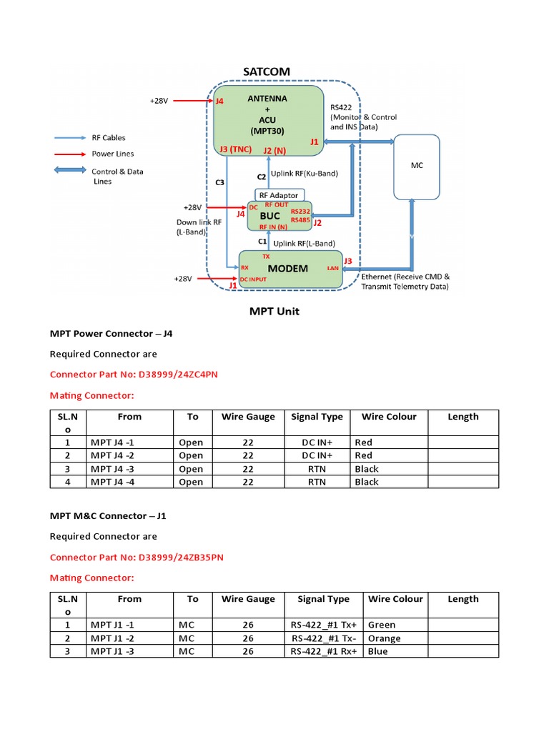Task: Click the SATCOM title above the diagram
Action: [x=267, y=71]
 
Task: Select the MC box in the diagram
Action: [x=417, y=166]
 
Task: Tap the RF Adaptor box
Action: [x=280, y=194]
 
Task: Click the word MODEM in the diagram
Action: [x=288, y=269]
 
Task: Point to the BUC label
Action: [x=269, y=215]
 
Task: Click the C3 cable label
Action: [x=219, y=182]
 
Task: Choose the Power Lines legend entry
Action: [x=112, y=154]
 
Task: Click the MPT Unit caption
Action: [x=274, y=311]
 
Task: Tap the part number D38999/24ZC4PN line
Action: [x=134, y=374]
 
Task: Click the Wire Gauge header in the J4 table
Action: [x=248, y=417]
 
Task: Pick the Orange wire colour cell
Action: [x=384, y=638]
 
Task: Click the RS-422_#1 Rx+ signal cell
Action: [x=323, y=651]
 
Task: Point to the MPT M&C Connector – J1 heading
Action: [x=108, y=515]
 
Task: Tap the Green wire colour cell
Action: [x=382, y=625]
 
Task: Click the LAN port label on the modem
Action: [x=332, y=269]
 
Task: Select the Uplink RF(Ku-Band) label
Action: [x=305, y=174]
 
